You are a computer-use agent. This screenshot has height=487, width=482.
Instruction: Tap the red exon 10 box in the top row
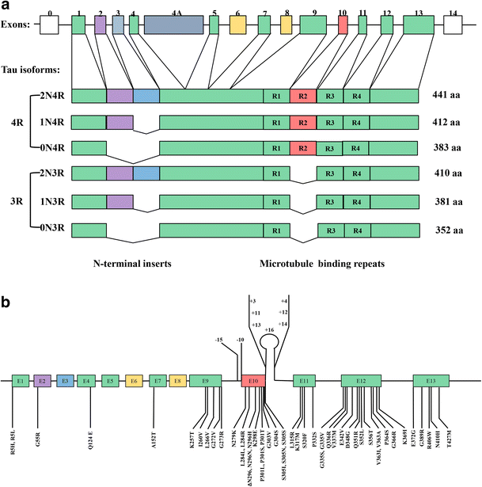(343, 25)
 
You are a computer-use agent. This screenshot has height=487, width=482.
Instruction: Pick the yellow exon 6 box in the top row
(237, 25)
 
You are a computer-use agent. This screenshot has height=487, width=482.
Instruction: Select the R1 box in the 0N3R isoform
(275, 230)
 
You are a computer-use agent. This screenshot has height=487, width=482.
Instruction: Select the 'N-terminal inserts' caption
(132, 260)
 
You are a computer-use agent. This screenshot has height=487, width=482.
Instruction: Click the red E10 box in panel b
(253, 381)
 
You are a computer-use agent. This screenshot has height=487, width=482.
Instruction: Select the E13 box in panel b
(430, 381)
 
